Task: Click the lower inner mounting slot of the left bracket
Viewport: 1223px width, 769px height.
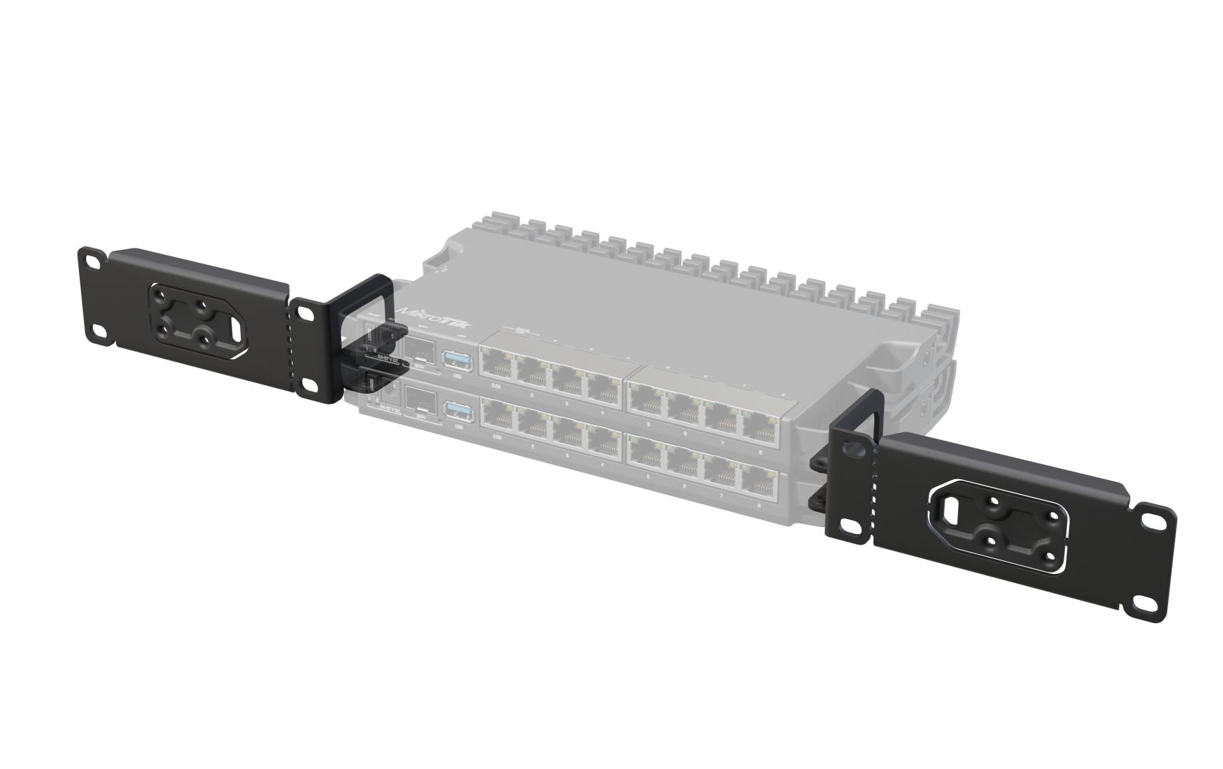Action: tap(311, 384)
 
